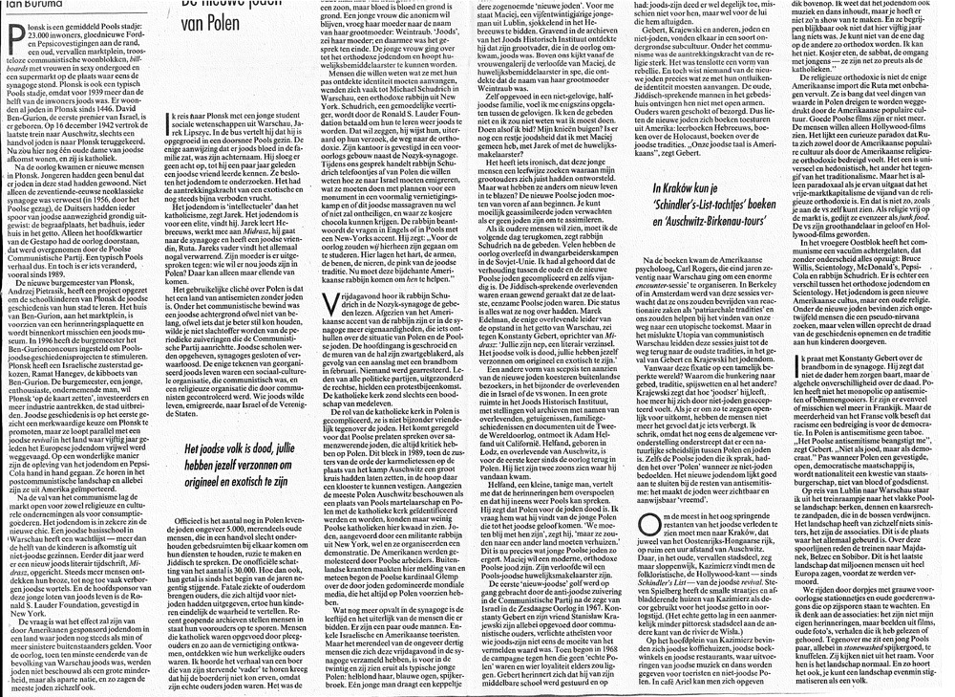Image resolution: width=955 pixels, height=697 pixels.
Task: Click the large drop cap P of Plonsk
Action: pyautogui.click(x=13, y=36)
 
